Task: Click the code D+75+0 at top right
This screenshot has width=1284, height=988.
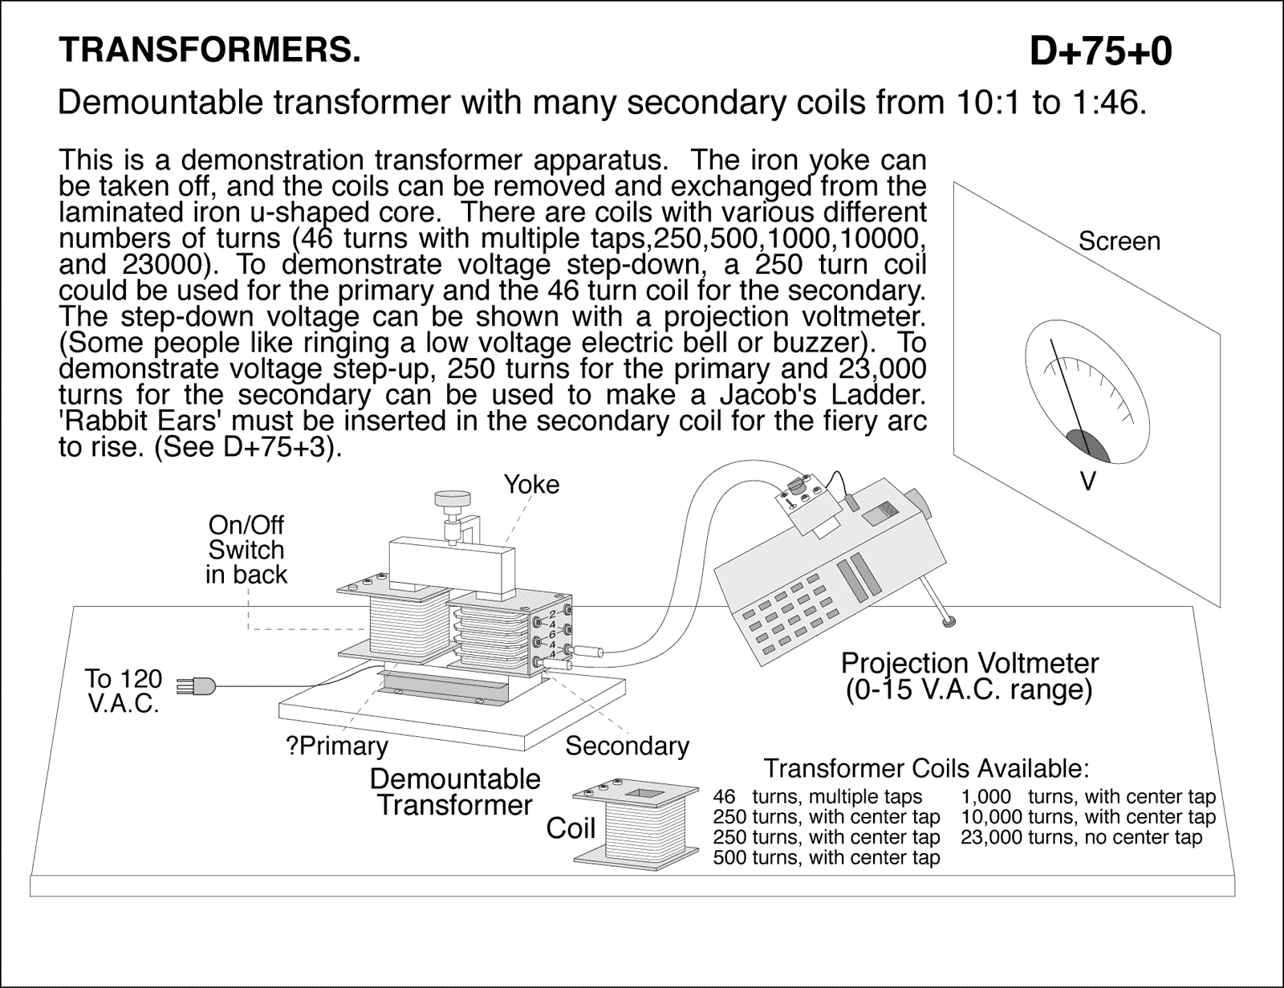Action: point(1100,51)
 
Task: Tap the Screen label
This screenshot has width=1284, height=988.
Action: point(1119,242)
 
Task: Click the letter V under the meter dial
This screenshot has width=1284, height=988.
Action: point(1087,482)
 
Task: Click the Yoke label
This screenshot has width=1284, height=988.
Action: point(531,485)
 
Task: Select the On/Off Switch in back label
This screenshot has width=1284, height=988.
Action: point(246,550)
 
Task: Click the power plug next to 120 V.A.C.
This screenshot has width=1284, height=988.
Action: point(197,686)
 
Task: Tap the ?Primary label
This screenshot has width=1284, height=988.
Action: point(336,746)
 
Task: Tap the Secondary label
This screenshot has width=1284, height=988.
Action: point(627,746)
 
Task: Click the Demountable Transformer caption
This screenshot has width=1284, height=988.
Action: point(455,791)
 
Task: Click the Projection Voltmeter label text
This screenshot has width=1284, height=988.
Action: point(969,664)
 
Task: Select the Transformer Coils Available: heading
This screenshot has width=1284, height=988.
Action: point(926,769)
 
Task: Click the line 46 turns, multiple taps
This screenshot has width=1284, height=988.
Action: point(817,797)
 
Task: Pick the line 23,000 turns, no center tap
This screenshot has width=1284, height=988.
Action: point(1081,838)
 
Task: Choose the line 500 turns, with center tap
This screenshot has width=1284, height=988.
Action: point(826,858)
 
